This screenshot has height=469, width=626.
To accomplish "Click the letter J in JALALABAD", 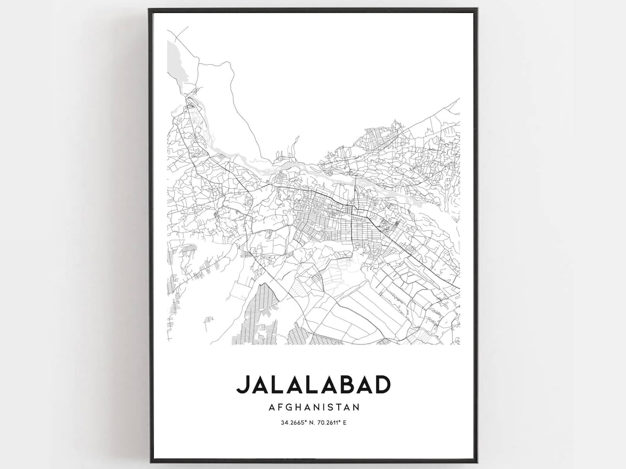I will pyautogui.click(x=242, y=384).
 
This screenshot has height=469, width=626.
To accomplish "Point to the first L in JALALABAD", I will pyautogui.click(x=280, y=384).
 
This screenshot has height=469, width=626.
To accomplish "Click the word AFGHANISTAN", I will pyautogui.click(x=314, y=407).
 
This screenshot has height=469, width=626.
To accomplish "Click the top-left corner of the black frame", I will pyautogui.click(x=150, y=9).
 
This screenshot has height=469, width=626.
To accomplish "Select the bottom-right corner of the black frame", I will pyautogui.click(x=476, y=461).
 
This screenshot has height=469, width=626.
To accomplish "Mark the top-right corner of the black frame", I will pyautogui.click(x=476, y=9).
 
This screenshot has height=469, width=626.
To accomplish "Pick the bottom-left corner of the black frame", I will pyautogui.click(x=150, y=461).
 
